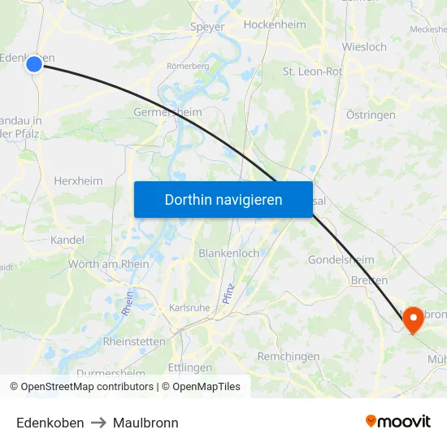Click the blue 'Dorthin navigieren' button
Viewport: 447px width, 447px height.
point(223,199)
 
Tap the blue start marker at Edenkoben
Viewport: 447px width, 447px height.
point(34,64)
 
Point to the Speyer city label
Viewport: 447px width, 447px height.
point(206,26)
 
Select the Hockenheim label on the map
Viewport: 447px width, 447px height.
point(275,25)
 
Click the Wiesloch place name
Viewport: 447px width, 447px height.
point(364,47)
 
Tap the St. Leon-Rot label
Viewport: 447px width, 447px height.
point(312,72)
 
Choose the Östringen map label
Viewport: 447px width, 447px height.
point(371,115)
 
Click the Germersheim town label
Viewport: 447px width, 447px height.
point(167,112)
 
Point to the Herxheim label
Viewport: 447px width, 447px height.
point(77,180)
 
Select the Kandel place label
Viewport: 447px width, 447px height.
point(67,240)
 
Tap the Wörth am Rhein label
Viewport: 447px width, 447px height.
point(108,263)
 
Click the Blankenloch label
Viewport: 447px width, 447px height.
point(229,253)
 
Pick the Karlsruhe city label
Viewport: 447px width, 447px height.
point(189,308)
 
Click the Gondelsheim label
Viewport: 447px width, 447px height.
point(341,259)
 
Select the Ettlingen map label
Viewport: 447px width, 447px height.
point(190,367)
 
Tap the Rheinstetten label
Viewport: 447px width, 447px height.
point(134,341)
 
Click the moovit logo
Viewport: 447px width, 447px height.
point(397,422)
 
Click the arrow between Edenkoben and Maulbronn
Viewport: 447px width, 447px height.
point(98,423)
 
